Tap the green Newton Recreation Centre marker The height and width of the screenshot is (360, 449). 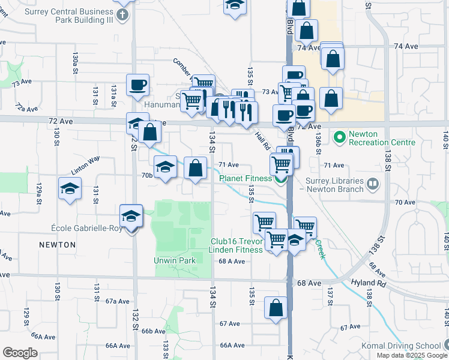click(x=339, y=137)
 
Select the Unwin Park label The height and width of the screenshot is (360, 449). click(x=175, y=261)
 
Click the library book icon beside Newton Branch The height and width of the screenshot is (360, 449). click(x=374, y=183)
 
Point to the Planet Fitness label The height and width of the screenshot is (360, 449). click(x=246, y=178)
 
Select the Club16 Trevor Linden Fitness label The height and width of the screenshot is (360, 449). click(x=237, y=245)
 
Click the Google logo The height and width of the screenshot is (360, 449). click(x=20, y=353)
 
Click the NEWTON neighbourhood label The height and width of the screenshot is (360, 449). click(x=58, y=245)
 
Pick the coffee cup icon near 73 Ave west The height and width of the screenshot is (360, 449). click(x=137, y=85)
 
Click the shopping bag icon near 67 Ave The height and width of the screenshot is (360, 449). click(x=276, y=308)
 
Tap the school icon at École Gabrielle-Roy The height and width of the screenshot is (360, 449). click(x=131, y=215)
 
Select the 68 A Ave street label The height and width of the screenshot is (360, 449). click(x=232, y=261)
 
